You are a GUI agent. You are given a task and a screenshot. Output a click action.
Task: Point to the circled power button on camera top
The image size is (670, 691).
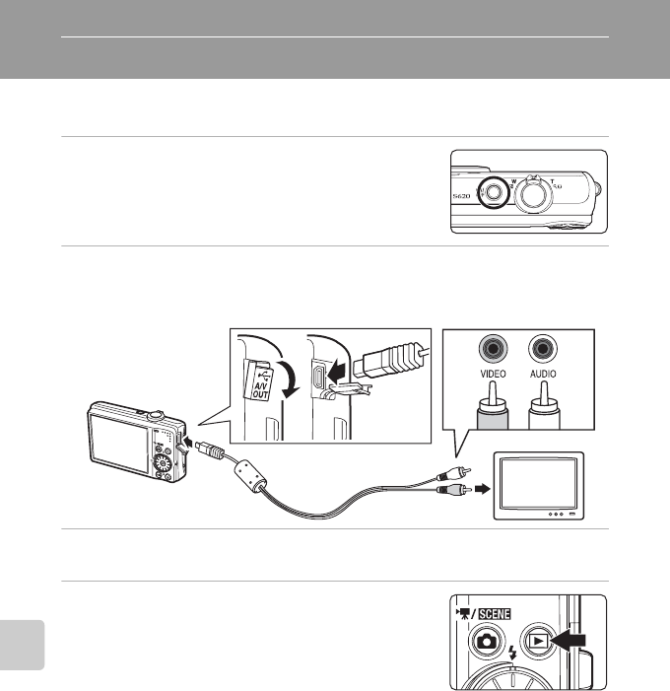(x=492, y=192)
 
